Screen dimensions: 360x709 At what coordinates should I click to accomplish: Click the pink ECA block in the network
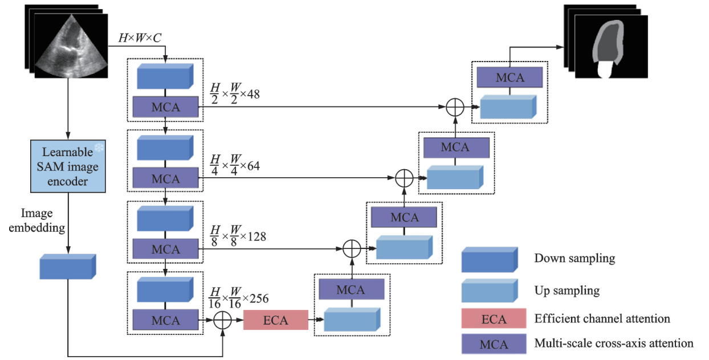coord(275,320)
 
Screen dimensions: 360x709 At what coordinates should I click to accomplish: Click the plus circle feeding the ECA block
coord(223,321)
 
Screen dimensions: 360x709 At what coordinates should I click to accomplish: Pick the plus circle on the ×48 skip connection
coord(454,107)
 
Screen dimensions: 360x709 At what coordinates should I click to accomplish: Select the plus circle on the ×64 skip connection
coord(404,178)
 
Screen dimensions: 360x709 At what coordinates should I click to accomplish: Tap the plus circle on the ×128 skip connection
coord(353,248)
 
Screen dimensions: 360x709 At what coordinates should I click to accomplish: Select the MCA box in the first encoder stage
coord(165,107)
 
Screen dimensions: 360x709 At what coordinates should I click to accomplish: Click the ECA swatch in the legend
coord(493,319)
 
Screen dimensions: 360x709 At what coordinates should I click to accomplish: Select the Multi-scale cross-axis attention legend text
coord(614,343)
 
